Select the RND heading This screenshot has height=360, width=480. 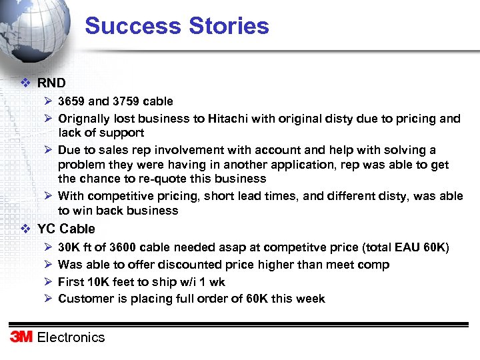coord(51,83)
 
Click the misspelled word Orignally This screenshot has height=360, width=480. coord(85,119)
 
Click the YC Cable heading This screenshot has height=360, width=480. coord(66,229)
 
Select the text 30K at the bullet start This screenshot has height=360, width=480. coord(69,247)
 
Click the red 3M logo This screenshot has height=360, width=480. coord(21,337)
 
